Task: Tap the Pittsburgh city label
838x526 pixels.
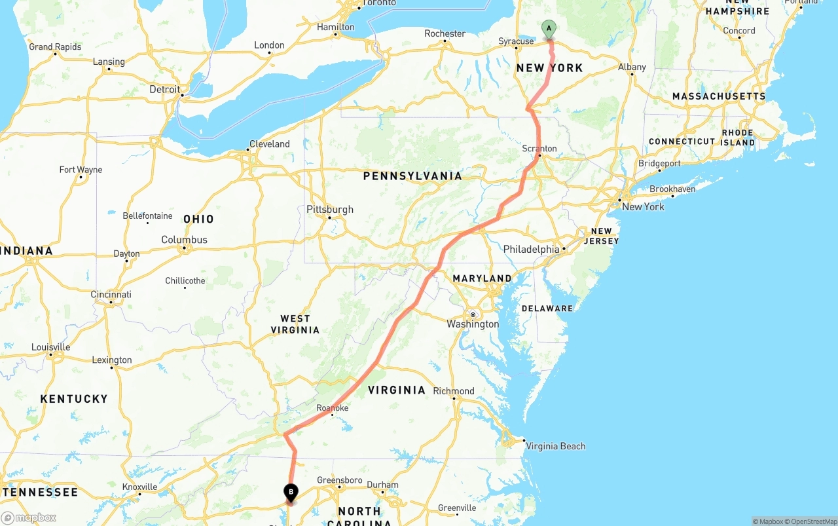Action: [330, 210]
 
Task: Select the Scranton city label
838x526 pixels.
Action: [539, 149]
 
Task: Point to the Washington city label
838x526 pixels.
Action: [473, 324]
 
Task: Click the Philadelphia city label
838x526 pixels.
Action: [531, 249]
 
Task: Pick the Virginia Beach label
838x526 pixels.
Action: [555, 446]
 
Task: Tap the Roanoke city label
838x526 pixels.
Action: [333, 408]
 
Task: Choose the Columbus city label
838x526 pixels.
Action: [184, 240]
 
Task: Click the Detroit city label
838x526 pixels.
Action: [164, 89]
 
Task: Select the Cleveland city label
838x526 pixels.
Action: [269, 144]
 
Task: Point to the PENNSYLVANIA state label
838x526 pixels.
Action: [412, 176]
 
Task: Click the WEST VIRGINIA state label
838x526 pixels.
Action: [295, 324]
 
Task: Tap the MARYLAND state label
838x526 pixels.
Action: [482, 278]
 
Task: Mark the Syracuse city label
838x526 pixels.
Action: [516, 41]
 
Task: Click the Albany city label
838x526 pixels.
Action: [632, 67]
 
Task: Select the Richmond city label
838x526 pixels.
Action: [453, 391]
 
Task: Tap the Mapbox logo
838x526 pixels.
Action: [28, 517]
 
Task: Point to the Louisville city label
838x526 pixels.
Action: [50, 347]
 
